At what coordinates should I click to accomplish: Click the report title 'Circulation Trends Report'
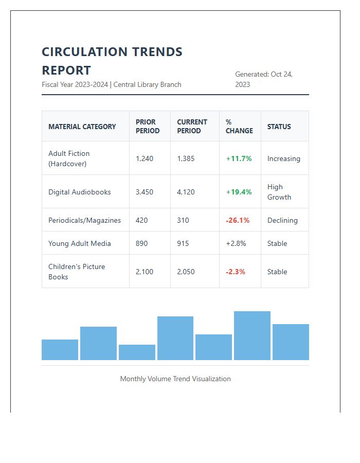click(112, 61)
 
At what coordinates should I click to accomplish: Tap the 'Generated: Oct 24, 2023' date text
click(264, 79)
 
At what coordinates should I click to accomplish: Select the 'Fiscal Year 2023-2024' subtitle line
click(112, 84)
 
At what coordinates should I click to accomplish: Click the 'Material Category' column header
click(82, 127)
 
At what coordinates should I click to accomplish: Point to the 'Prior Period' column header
click(148, 127)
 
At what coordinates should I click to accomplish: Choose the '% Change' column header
click(239, 127)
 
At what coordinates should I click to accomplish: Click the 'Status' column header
click(279, 127)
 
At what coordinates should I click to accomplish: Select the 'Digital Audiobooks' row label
click(80, 192)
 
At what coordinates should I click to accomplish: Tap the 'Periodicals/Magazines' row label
click(84, 220)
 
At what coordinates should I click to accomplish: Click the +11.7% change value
click(239, 158)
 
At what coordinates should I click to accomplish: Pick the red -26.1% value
click(238, 220)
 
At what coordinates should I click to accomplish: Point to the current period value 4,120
click(186, 192)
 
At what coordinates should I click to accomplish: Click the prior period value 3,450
click(145, 192)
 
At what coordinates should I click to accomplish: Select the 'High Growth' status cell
click(279, 192)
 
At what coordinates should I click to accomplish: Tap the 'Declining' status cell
click(282, 220)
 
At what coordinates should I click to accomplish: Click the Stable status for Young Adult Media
click(277, 243)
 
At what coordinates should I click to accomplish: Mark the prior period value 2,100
click(145, 272)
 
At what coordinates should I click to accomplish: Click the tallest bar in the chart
click(252, 335)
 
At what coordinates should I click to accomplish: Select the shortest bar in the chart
click(137, 352)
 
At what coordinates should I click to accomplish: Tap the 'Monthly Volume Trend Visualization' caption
click(175, 379)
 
